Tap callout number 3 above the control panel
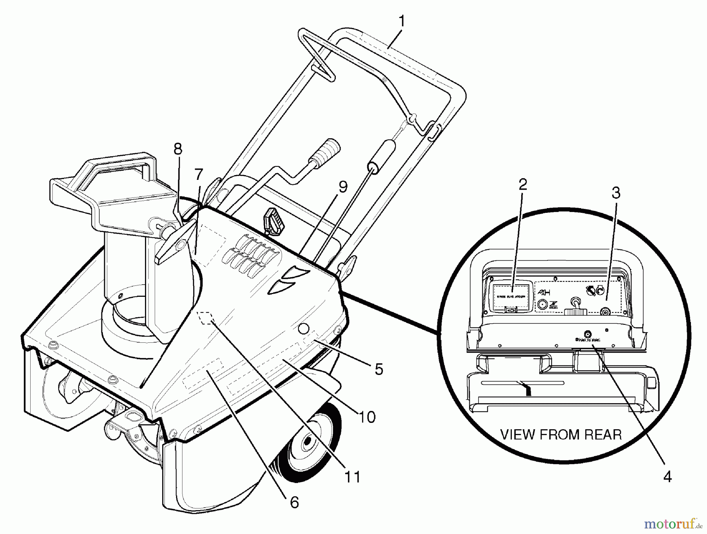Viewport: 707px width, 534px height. pos(615,193)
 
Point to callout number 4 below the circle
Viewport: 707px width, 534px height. pos(667,477)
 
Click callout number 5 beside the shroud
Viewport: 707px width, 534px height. pos(379,369)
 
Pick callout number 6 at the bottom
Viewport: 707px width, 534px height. pos(294,502)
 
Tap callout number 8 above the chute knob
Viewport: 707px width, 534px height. pos(178,149)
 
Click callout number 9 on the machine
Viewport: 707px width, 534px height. pos(343,187)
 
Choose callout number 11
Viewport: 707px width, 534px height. pos(352,477)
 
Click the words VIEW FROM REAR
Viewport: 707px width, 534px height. pos(560,435)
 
